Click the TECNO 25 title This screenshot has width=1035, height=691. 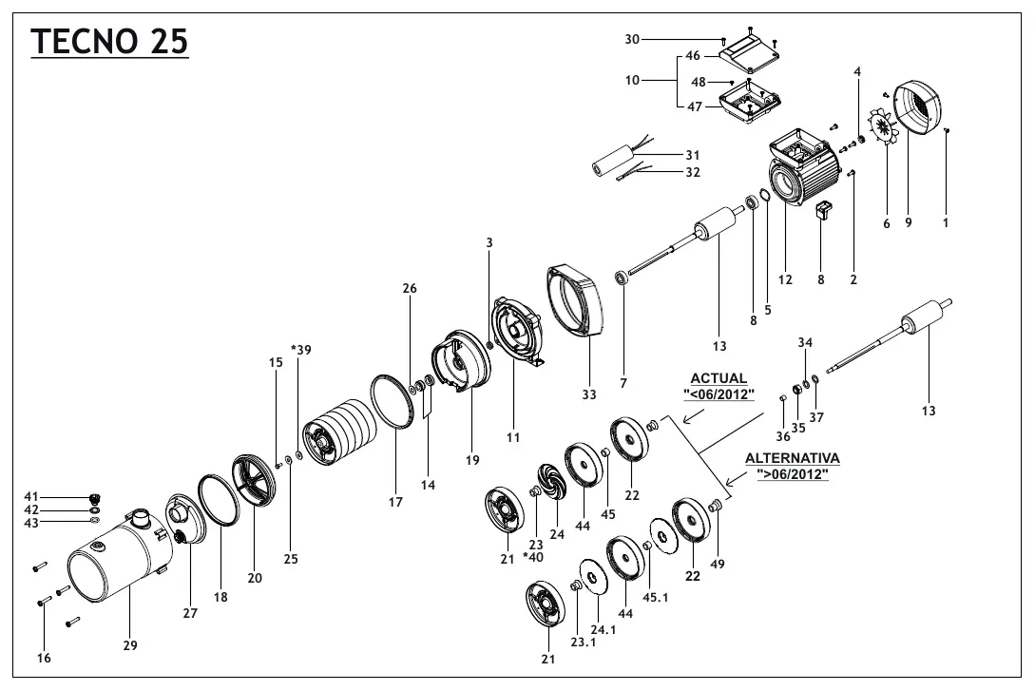click(x=109, y=42)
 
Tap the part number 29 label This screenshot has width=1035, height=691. click(x=130, y=645)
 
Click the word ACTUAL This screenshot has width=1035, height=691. click(x=719, y=378)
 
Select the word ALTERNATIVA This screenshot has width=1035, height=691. click(x=792, y=458)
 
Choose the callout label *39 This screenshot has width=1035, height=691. click(x=300, y=349)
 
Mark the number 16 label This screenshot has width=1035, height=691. click(x=44, y=658)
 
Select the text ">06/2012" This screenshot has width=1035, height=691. click(x=792, y=473)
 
